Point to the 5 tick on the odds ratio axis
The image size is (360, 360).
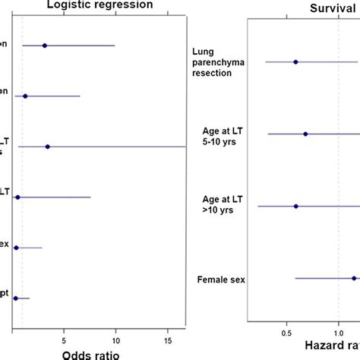click(65, 332)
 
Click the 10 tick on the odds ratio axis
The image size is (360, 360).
click(115, 332)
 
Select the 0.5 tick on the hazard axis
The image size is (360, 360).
click(287, 332)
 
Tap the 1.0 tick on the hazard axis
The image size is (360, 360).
click(339, 332)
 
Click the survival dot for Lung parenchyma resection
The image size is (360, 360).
click(295, 62)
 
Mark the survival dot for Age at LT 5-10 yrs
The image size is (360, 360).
click(305, 134)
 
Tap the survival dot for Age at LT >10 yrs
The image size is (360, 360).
click(295, 206)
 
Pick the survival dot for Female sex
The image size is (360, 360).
click(354, 279)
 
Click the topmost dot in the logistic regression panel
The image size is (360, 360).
click(45, 46)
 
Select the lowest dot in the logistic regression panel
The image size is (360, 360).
click(15, 298)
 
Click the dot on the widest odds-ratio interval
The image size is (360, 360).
click(48, 147)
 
